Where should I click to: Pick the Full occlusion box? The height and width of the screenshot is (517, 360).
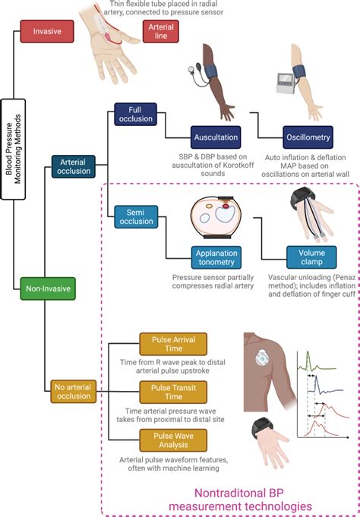(x=136, y=114)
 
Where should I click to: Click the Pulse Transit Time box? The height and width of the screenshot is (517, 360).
(x=163, y=392)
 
